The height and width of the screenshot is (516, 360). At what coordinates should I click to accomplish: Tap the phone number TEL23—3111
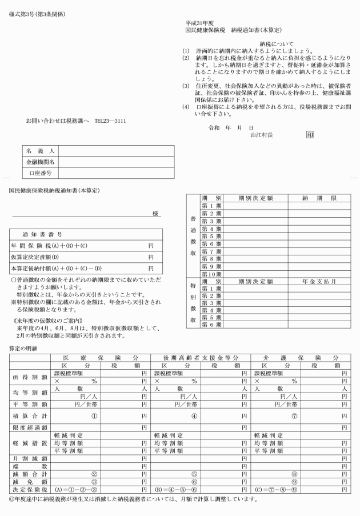click(x=110, y=121)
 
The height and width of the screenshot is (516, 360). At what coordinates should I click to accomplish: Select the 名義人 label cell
click(x=39, y=151)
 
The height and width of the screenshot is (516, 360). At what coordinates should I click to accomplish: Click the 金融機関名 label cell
click(x=39, y=161)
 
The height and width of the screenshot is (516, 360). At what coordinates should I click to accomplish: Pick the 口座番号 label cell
click(x=39, y=171)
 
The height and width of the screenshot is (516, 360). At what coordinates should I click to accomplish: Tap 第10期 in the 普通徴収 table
click(x=212, y=274)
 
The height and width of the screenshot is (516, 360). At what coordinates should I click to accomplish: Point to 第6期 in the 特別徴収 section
click(x=212, y=325)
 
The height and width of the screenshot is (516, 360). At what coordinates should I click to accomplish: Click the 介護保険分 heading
click(x=301, y=357)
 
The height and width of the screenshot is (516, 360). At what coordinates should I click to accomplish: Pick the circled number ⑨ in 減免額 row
click(x=294, y=481)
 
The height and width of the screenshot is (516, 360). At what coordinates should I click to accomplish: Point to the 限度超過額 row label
click(x=28, y=427)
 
